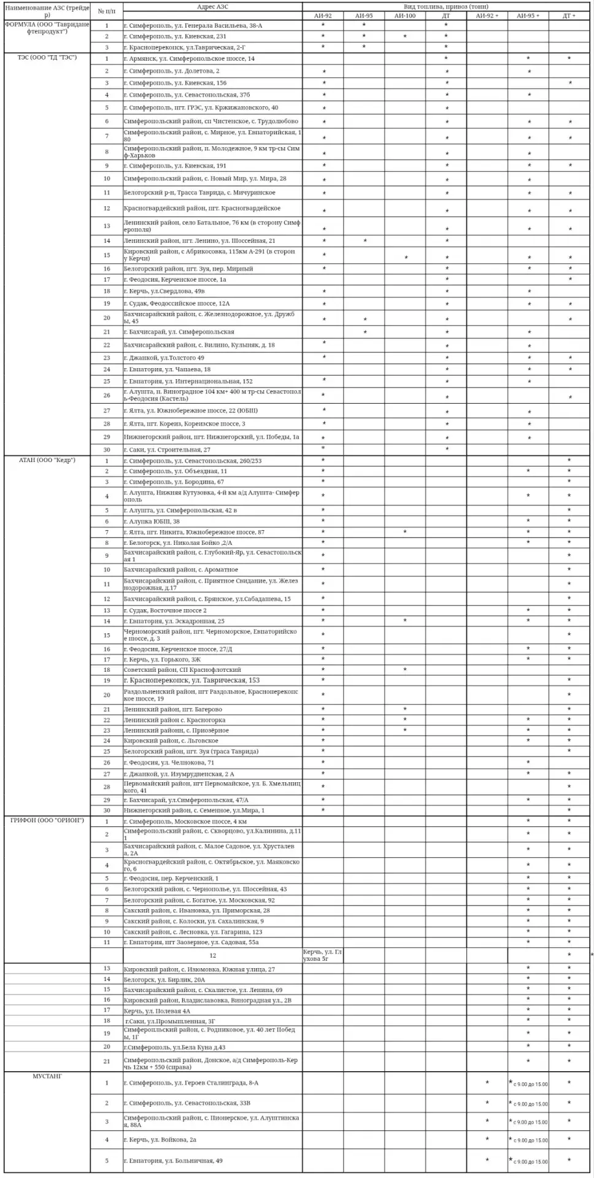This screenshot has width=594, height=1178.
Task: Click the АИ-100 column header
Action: pos(405,15)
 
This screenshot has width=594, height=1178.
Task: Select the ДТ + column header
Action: pos(569,15)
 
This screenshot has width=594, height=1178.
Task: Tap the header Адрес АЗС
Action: pos(212,6)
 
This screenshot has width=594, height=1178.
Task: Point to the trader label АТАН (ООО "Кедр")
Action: pos(47,460)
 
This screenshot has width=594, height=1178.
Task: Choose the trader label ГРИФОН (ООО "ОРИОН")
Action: pos(47,821)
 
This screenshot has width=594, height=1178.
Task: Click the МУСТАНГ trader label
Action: pos(47,1076)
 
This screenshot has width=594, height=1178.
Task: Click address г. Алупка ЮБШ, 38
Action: pos(152,522)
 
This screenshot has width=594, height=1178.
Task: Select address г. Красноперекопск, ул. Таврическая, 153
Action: pos(191,680)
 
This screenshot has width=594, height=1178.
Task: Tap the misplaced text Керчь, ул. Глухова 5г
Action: pos(322,955)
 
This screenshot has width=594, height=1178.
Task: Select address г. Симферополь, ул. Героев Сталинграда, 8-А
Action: pos(191,1083)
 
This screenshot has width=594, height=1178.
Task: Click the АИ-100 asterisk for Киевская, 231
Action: pos(405,37)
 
